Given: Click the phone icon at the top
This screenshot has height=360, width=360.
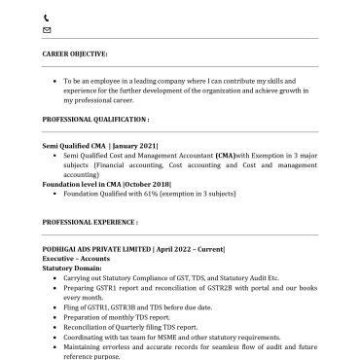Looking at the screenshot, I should pyautogui.click(x=47, y=18).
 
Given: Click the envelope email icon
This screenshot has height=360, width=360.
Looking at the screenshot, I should pyautogui.click(x=47, y=30).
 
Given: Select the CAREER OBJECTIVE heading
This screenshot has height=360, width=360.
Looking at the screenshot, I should pyautogui.click(x=75, y=54).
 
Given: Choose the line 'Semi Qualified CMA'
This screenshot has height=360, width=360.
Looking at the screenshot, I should pyautogui.click(x=75, y=145).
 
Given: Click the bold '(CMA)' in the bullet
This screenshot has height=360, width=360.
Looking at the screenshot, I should pyautogui.click(x=225, y=154).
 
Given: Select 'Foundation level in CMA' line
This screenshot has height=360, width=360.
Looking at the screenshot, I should pyautogui.click(x=81, y=183).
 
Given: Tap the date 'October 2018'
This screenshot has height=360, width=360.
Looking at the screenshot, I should pyautogui.click(x=149, y=183).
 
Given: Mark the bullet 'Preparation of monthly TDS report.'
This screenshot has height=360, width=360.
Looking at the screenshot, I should pyautogui.click(x=118, y=316).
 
